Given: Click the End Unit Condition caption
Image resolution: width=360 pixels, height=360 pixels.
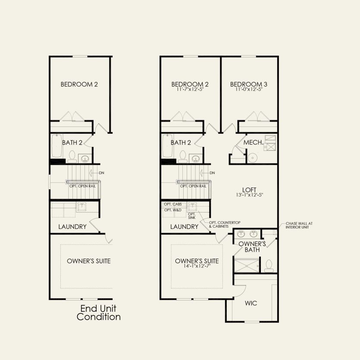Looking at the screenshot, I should tap(98, 313).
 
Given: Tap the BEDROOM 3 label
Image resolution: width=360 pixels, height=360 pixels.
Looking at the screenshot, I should tap(248, 85).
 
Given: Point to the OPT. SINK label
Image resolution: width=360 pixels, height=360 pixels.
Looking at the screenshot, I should tap(191, 216).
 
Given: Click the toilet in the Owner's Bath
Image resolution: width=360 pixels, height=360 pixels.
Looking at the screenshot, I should tap(269, 265).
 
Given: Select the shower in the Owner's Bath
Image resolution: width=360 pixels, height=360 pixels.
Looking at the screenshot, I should tap(247, 266).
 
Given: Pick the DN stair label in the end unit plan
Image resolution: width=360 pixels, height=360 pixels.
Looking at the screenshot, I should tap(101, 173).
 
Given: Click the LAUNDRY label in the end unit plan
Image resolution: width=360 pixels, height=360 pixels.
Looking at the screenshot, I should tap(72, 226).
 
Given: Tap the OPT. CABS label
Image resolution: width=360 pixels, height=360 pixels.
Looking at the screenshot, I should tap(171, 203).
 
